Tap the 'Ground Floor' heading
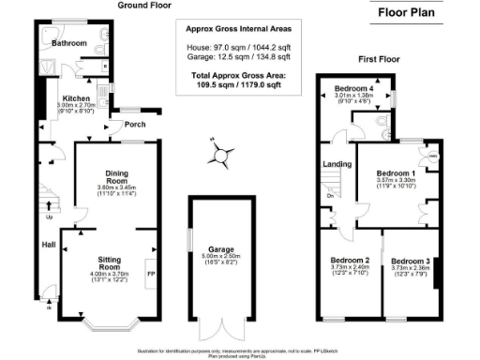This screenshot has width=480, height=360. [144, 6]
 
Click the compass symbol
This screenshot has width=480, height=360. [220, 155]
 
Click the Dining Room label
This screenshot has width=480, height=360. [117, 176]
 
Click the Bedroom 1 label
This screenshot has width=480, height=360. [395, 173]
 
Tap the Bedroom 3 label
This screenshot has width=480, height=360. [409, 260]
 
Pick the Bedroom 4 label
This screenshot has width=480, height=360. [360, 87]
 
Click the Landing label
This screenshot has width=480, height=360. [337, 165]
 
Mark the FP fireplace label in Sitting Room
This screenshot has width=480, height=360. [150, 274]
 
